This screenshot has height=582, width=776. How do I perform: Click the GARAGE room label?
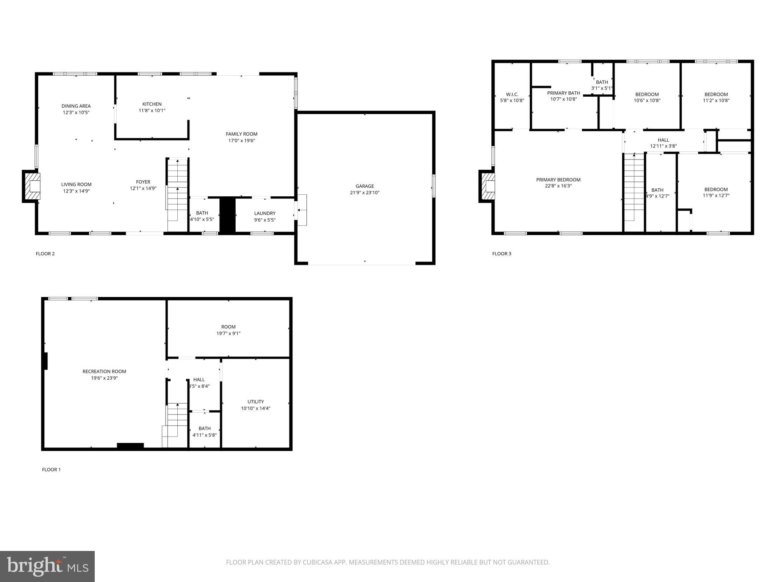click(365, 186)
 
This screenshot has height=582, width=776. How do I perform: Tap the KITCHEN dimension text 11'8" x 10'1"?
click(152, 111)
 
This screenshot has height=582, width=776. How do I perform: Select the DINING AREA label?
click(76, 106)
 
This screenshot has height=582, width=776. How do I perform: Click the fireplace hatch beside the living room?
click(32, 186)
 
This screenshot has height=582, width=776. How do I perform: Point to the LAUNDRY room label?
click(264, 213)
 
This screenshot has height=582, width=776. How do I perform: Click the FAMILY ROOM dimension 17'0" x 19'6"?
click(241, 141)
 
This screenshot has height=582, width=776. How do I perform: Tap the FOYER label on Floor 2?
click(143, 182)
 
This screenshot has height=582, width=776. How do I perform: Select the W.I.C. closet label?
click(512, 94)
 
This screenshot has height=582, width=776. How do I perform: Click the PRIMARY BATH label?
click(563, 93)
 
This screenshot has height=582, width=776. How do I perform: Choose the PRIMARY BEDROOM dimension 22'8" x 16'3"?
click(558, 186)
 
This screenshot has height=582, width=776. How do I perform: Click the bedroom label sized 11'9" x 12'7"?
click(716, 189)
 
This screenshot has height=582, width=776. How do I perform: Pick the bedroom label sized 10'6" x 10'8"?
click(647, 94)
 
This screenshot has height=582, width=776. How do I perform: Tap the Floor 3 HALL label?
click(663, 140)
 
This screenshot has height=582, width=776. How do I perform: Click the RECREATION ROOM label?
click(104, 371)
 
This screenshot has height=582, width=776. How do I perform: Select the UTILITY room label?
click(255, 402)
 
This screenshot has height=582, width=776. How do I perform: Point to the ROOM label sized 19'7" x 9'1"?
click(228, 327)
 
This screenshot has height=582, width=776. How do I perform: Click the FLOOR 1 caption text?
click(51, 469)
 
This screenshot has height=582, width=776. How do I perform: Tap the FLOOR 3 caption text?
click(501, 253)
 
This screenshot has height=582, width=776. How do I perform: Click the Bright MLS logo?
click(47, 566)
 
